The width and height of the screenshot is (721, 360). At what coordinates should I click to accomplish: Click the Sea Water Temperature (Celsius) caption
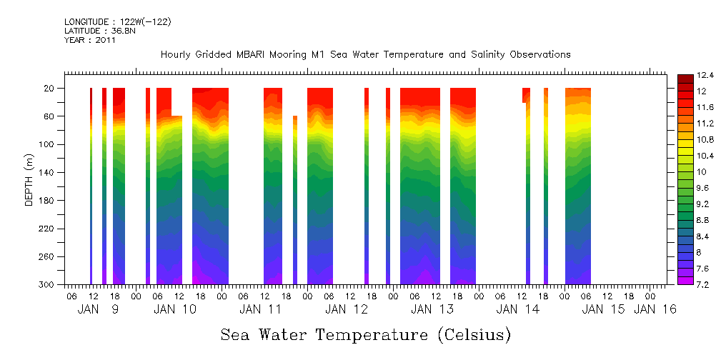(x=365, y=334)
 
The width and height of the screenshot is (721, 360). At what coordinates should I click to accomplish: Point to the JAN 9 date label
(x=98, y=309)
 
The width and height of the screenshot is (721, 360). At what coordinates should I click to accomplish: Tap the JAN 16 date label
(x=655, y=309)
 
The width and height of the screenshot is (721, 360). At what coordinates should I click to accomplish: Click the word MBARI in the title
(x=262, y=54)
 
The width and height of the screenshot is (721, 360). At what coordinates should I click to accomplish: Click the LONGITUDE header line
(x=117, y=22)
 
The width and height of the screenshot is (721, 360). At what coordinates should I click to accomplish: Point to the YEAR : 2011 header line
(x=90, y=40)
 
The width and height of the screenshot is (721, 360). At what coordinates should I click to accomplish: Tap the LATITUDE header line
(x=96, y=31)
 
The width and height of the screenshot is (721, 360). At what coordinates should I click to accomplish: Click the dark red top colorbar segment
(x=684, y=78)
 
